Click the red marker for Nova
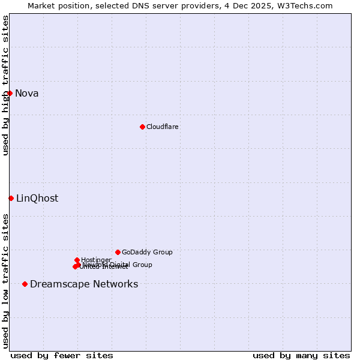point(10,93)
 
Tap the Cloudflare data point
point(142,127)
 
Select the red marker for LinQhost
point(11,198)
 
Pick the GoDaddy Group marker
point(118,252)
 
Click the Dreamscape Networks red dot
point(25,284)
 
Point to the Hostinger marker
point(77,260)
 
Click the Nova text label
point(27,93)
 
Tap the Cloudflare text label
point(162,127)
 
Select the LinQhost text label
point(37,198)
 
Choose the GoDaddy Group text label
point(147,252)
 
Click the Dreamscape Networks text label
point(84,284)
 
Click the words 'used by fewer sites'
point(62,355)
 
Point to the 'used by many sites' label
point(301,355)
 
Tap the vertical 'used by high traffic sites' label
point(5,85)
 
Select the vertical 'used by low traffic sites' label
point(5,281)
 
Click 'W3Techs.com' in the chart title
point(307,5)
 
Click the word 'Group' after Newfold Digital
point(142,265)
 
